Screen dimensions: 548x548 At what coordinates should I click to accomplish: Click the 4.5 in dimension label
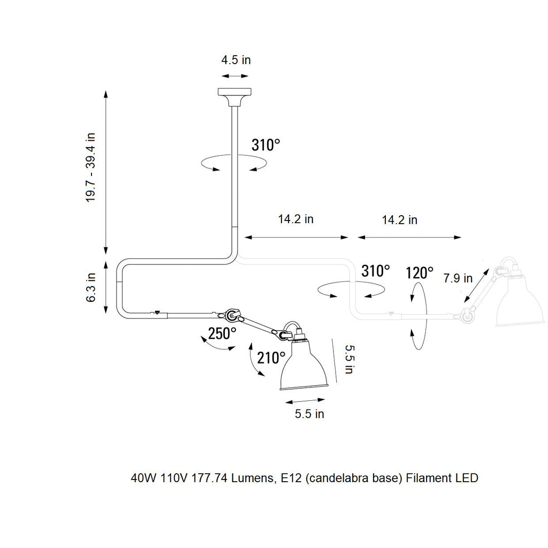pos(236,60)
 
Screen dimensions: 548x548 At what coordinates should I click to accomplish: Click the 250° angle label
pos(222,334)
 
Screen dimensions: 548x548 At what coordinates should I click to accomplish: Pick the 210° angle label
pos(271,357)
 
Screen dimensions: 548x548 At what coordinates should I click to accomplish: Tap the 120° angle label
pos(420,273)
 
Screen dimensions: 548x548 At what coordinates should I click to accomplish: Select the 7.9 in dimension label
pos(458,278)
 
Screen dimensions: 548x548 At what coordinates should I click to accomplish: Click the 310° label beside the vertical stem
pos(266,145)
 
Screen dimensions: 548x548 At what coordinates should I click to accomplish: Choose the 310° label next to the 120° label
pos(376,271)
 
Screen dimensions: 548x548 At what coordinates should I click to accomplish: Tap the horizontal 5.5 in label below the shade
pos(309,414)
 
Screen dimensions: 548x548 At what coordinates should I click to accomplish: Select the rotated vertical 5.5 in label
pos(348,359)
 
